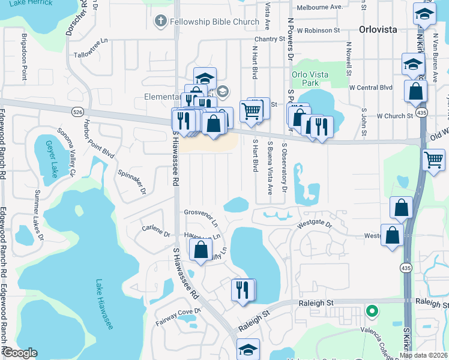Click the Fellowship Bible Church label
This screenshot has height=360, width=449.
point(214,22)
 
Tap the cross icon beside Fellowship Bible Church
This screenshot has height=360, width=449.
point(160,22)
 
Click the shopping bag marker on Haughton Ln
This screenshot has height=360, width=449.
point(201,248)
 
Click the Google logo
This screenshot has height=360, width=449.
point(20,353)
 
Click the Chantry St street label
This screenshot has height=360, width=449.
point(269,39)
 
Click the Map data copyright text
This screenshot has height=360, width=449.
point(423,355)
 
